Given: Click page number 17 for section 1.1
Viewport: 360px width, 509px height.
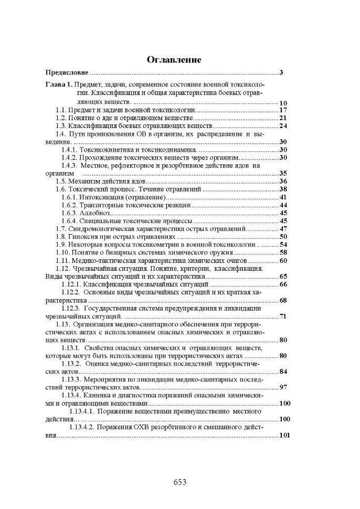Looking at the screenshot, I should (283, 110).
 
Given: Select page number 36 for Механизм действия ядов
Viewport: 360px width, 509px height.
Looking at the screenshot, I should (283, 181).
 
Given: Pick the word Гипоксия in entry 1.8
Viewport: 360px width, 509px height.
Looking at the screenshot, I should (86, 237).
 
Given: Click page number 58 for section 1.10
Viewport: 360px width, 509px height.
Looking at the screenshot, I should (283, 252).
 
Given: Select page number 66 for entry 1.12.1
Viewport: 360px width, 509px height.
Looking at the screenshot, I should (283, 284).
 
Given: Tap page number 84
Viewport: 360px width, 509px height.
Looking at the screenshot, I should (283, 372).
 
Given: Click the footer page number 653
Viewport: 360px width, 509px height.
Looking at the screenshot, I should (180, 482).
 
